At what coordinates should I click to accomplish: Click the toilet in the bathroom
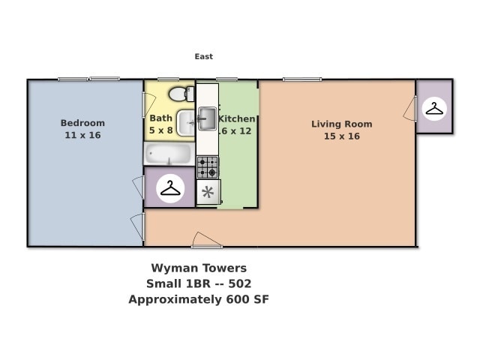[x=178, y=94]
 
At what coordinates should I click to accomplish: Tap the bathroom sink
[x=185, y=121]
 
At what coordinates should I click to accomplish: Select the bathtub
[x=168, y=154]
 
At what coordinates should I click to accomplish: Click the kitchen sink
[x=207, y=118]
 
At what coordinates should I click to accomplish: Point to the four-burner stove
[x=208, y=166]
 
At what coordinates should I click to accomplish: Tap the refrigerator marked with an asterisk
[x=208, y=192]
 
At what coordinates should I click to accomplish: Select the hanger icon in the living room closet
[x=434, y=109]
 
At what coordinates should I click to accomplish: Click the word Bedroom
[x=82, y=123]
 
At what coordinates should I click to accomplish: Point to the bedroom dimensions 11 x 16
[x=82, y=136]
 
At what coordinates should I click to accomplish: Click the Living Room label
[x=341, y=124]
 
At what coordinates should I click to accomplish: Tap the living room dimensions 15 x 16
[x=341, y=136]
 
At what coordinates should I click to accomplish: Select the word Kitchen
[x=238, y=118]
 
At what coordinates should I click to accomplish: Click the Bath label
[x=160, y=118]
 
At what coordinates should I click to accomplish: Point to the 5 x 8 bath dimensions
[x=160, y=130]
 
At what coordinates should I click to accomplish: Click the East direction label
[x=203, y=56]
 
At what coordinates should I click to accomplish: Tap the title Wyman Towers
[x=199, y=268]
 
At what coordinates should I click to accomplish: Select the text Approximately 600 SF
[x=199, y=299]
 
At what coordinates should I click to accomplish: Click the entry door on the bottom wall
[x=206, y=242]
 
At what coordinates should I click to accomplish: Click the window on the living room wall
[x=302, y=79]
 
